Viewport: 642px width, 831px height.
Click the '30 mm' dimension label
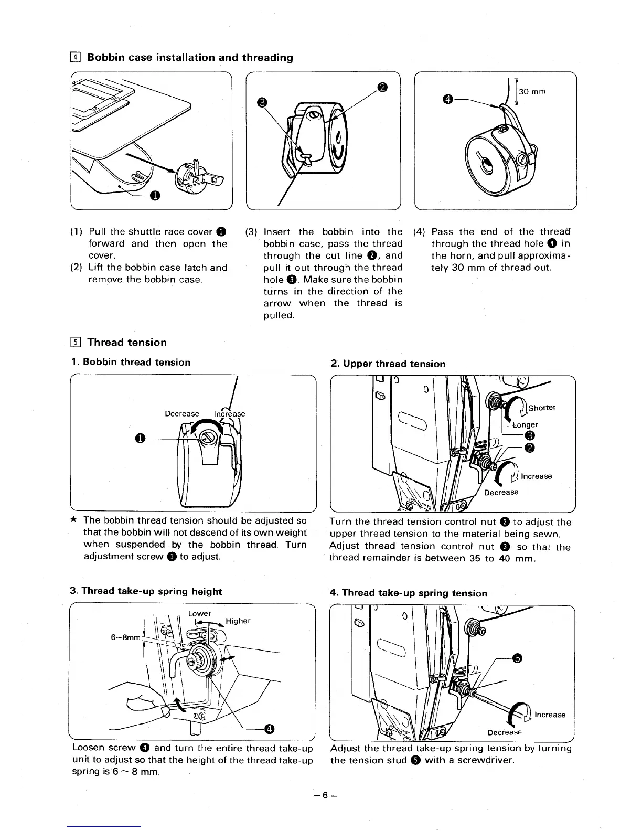click(533, 91)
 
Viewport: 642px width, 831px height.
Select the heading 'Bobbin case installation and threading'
click(190, 57)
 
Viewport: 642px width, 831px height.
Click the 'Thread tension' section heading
click(127, 343)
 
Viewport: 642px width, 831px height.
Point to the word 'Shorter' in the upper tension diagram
click(542, 408)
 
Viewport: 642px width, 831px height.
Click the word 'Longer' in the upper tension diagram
click(526, 424)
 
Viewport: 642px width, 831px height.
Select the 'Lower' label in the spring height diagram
click(199, 613)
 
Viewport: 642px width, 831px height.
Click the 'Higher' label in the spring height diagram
click(238, 621)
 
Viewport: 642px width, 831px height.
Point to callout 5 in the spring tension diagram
click(517, 659)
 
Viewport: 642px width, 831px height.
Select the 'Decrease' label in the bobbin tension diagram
click(182, 413)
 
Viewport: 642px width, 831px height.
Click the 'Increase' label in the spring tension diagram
click(550, 715)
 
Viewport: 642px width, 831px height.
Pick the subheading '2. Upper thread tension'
click(388, 364)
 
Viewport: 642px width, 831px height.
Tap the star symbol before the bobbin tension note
click(74, 520)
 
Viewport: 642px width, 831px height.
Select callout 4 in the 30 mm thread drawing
click(447, 98)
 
